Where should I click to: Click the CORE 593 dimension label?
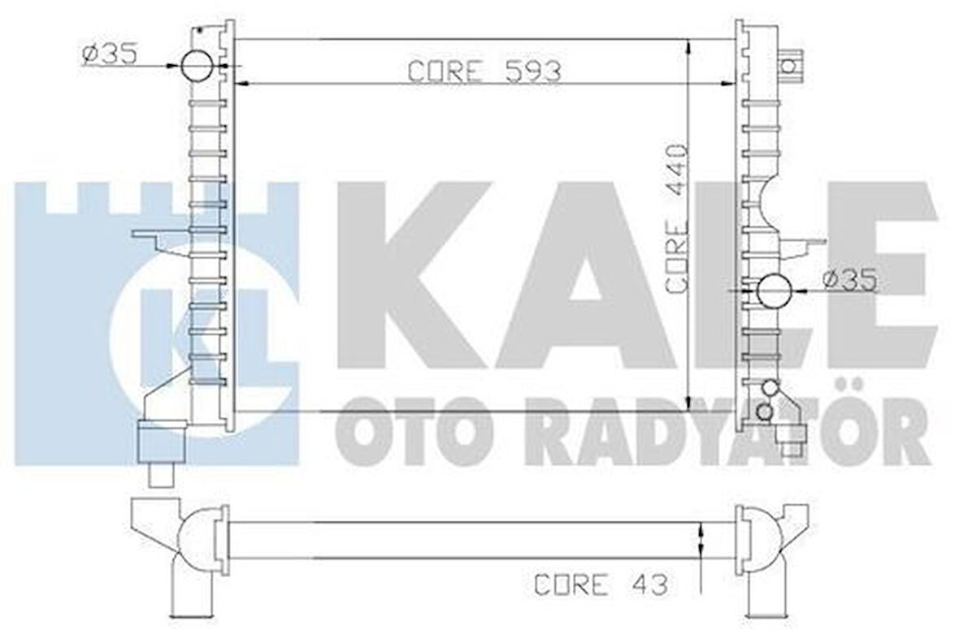tap(484, 71)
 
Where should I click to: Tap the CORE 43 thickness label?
tap(601, 584)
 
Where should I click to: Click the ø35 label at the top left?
tap(109, 54)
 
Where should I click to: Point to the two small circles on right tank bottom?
tap(766, 402)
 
